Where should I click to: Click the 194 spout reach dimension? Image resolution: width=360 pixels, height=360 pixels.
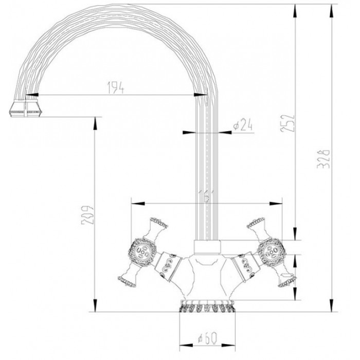click(116, 88)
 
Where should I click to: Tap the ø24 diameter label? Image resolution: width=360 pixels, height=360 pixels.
click(241, 125)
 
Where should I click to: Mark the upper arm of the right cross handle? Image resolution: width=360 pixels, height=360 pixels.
click(256, 225)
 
